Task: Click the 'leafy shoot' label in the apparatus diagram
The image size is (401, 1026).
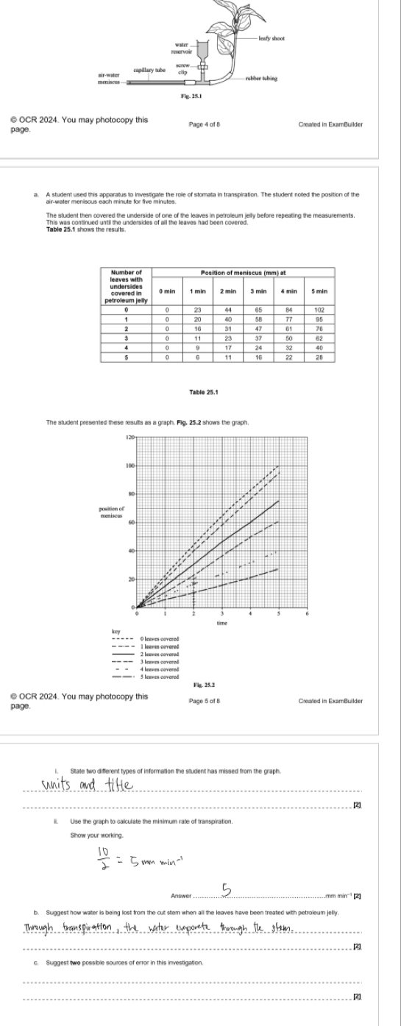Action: [x=272, y=38]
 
